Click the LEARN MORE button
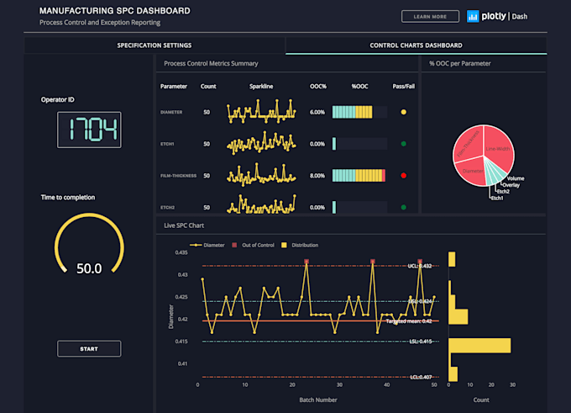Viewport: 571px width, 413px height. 430,16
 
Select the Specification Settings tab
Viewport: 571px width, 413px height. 154,45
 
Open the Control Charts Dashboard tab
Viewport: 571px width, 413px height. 416,45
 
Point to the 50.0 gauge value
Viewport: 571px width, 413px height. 89,268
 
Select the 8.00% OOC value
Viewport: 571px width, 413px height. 317,176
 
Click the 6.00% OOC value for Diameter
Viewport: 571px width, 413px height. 317,112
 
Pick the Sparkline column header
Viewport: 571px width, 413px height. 261,87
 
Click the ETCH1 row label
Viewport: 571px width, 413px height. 169,144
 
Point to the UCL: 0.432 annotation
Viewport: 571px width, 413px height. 420,266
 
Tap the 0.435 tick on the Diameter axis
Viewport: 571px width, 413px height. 181,252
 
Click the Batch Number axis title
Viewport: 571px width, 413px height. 319,399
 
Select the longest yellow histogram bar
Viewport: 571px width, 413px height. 479,345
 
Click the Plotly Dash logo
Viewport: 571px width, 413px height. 499,16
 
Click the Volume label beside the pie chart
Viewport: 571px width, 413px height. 515,178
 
